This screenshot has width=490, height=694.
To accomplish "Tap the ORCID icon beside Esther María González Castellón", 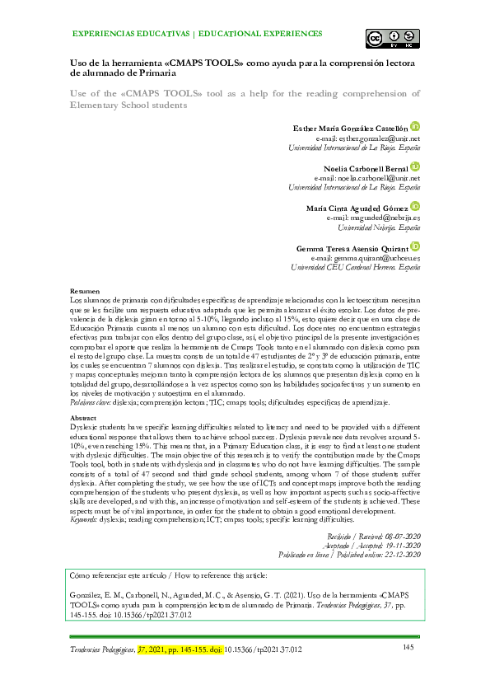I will coord(416,127).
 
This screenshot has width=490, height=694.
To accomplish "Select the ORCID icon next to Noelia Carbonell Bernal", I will coord(416,166).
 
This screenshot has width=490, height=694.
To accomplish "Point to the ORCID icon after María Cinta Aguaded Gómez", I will coord(416,206).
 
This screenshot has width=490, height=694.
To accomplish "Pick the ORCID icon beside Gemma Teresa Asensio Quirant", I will coord(416,246).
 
